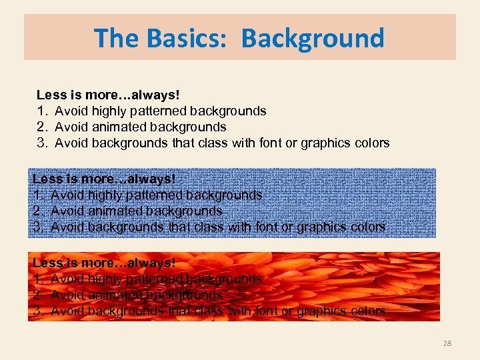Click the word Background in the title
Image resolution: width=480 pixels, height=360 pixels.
313,39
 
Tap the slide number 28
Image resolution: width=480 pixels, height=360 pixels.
447,343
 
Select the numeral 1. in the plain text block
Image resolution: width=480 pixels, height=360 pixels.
42,111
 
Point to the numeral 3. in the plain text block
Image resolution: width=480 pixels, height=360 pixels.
42,143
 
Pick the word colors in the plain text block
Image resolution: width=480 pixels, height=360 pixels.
371,143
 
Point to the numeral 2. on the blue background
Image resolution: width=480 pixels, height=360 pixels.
38,211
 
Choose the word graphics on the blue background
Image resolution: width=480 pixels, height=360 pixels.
321,227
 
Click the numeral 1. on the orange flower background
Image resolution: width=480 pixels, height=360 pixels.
38,279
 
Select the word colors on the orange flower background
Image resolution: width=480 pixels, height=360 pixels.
367,311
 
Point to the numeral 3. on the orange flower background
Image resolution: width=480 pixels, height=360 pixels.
38,311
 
